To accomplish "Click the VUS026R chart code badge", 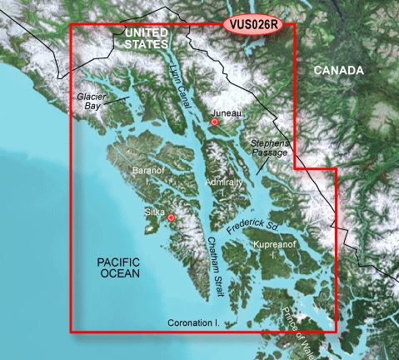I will point(254,25).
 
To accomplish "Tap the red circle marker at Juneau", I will point(215,122).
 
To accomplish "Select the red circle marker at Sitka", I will point(171,218).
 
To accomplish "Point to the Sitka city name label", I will point(156,212).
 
